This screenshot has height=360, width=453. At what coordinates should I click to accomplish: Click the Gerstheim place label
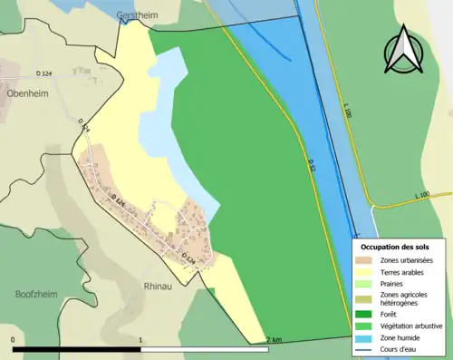coord(137,16)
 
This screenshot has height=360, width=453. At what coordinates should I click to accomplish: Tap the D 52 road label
coord(312,164)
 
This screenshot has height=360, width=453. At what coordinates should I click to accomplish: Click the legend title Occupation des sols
coord(395,246)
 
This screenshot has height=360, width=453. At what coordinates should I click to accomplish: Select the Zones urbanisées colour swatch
coord(367,261)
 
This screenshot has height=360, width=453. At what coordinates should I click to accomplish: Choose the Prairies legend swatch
coord(367,284)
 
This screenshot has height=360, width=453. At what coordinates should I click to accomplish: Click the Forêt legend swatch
coord(367,314)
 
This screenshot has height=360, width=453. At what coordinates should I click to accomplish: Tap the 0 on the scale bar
coord(14,340)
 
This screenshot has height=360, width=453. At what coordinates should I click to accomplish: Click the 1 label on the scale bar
coord(140,340)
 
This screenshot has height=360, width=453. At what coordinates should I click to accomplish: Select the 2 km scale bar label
coord(275,340)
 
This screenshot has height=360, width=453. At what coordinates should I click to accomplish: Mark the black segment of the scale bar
coord(77,348)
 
